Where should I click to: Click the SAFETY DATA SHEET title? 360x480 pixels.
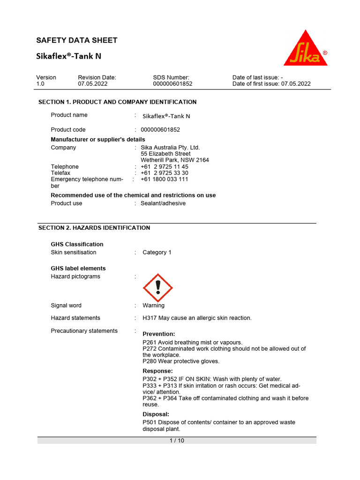coord(77,40)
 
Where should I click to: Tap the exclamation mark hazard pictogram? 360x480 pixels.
coord(157,288)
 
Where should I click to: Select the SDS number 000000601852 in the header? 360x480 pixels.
coord(172,84)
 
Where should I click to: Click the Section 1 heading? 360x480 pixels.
coord(117,102)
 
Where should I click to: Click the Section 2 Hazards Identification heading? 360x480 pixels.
coord(94,228)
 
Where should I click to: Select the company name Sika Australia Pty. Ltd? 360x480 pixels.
coord(170,148)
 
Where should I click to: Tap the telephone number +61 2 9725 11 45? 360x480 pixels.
coord(165,167)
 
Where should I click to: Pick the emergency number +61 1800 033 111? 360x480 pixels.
coord(165,179)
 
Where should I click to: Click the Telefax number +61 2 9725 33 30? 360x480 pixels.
coord(165,173)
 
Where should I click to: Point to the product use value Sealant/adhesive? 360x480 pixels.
coord(163,203)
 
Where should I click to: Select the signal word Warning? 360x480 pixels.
coord(154,306)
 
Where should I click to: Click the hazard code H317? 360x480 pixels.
coord(150,318)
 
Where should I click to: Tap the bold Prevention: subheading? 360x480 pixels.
coord(159,334)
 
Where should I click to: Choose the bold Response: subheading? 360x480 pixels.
coord(157,371)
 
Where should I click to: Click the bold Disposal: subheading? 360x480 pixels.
coord(156,414)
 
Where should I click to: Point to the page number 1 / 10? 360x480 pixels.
coord(177,441)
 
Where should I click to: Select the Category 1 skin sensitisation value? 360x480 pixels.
coord(157,252)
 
